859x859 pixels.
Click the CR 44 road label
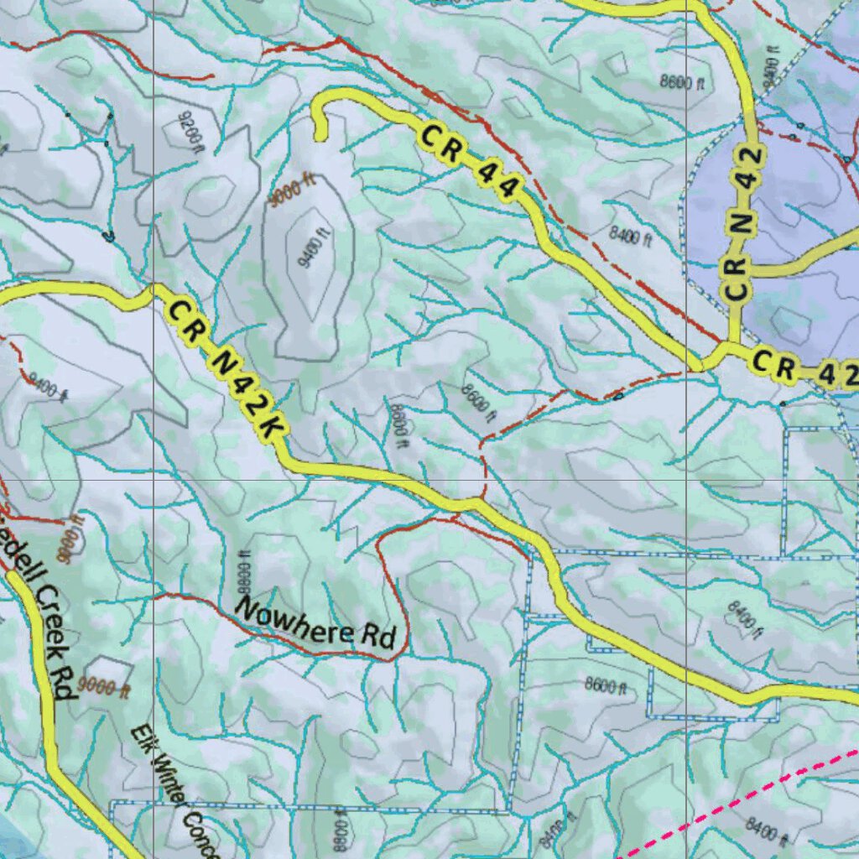pos(467,162)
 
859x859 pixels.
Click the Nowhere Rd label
pos(315,622)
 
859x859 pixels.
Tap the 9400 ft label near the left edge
pos(48,389)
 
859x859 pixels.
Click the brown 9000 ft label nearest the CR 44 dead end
pos(292,191)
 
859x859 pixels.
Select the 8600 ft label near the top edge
pos(682,82)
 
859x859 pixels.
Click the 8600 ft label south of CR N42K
pos(606,685)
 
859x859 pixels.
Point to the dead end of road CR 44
pos(319,137)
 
